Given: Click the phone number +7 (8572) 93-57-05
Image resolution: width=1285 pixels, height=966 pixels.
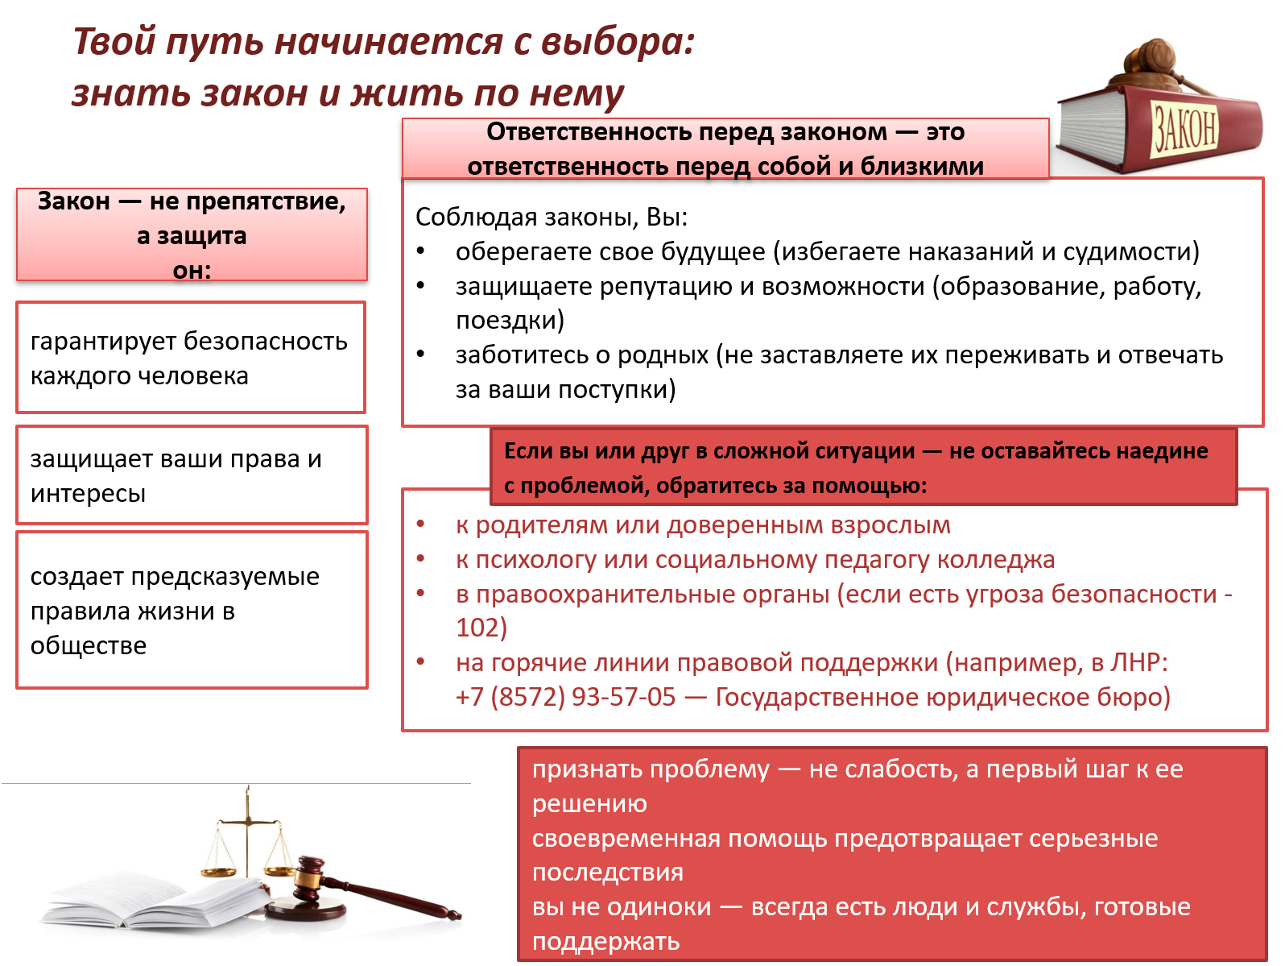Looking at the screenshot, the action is coord(565,697).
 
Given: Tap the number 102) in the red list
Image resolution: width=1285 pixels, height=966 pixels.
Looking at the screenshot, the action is coord(481,628).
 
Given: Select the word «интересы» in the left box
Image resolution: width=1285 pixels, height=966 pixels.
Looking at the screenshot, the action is coord(88,494).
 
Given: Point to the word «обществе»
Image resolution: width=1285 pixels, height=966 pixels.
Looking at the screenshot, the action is coord(89,645).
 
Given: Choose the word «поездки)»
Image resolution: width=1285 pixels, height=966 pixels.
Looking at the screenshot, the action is coord(510,321).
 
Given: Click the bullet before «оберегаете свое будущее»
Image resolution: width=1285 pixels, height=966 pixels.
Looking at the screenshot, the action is coord(420,251).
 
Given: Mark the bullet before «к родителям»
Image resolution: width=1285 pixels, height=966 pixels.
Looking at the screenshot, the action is coord(420,524).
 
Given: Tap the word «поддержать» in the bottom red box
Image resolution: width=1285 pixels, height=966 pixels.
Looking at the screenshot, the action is coord(606,942).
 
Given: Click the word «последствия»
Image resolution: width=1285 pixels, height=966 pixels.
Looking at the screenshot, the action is coord(608,873).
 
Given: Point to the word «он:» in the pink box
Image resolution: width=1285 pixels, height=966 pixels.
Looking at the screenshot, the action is coord(192,270).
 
